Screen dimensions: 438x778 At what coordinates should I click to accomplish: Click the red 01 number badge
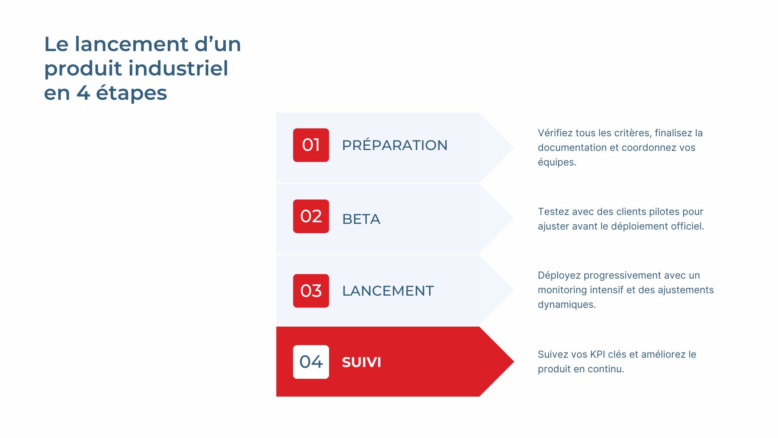311,145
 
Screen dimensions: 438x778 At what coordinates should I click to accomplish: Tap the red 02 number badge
311,216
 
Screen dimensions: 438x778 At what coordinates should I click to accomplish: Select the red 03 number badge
311,291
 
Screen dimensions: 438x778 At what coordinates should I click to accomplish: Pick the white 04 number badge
311,362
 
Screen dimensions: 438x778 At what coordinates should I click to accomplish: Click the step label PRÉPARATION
394,145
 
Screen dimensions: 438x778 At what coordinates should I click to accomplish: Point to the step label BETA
361,219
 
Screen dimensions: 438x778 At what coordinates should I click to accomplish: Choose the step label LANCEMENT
388,291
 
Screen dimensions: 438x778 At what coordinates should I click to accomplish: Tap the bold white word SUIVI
361,362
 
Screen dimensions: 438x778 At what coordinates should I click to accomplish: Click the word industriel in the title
178,68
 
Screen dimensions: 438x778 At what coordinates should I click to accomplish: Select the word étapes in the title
131,93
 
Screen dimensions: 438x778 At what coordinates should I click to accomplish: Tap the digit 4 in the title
83,93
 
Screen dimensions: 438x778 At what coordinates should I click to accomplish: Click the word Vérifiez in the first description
555,133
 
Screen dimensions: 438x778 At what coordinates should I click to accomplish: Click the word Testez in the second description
552,212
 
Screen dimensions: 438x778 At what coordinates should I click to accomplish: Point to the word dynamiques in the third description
566,305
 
